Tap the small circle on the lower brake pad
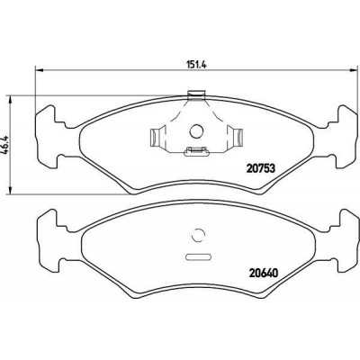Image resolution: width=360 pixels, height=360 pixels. click(199, 238)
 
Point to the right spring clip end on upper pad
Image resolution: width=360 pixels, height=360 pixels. click(238, 138)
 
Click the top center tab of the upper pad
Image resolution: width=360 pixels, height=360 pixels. click(197, 94)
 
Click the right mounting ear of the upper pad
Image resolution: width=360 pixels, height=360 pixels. click(345, 123)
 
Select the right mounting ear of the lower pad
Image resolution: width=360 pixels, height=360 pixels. click(345, 231)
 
